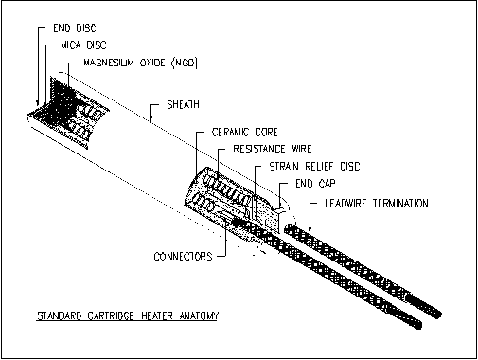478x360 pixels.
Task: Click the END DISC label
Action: [x=75, y=28]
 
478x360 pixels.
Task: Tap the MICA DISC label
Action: [x=83, y=45]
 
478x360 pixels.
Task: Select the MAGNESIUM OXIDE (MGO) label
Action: [x=140, y=63]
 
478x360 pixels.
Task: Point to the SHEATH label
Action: [x=184, y=104]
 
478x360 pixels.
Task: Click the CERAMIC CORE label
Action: [x=245, y=132]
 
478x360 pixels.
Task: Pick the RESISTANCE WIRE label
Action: [x=273, y=149]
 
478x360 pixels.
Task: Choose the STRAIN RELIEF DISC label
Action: [x=314, y=167]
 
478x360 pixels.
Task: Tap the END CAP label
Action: [x=315, y=184]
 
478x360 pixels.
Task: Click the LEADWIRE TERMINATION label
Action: [x=377, y=203]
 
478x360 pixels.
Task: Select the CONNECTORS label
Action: [x=183, y=256]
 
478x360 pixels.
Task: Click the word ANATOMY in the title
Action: [x=199, y=315]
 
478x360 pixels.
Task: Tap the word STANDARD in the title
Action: [x=60, y=315]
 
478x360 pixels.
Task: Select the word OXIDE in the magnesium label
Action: [x=152, y=63]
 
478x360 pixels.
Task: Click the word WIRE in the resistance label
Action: [x=302, y=149]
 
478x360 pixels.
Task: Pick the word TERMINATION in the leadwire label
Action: [x=400, y=203]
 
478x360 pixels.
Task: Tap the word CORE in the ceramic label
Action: [x=267, y=132]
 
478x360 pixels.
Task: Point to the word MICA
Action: [x=71, y=45]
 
